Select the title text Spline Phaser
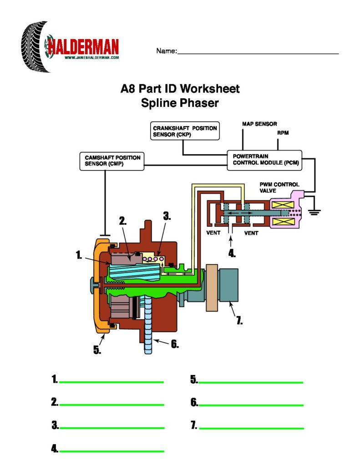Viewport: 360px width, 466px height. pos(180,103)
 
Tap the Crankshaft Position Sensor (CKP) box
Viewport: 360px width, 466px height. pos(185,132)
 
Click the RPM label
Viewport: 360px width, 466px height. pos(283,133)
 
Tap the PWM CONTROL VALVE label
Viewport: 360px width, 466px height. pos(279,187)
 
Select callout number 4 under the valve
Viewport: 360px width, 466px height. pos(232,254)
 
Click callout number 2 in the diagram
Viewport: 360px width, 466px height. pos(123,222)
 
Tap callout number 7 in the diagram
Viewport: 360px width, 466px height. pos(239,320)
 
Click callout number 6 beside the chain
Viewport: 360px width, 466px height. pos(174,344)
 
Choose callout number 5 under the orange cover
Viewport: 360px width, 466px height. pos(97,350)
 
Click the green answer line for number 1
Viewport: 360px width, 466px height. pos(112,382)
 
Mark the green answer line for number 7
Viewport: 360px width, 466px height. pos(251,428)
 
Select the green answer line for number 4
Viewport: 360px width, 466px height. pos(112,451)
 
